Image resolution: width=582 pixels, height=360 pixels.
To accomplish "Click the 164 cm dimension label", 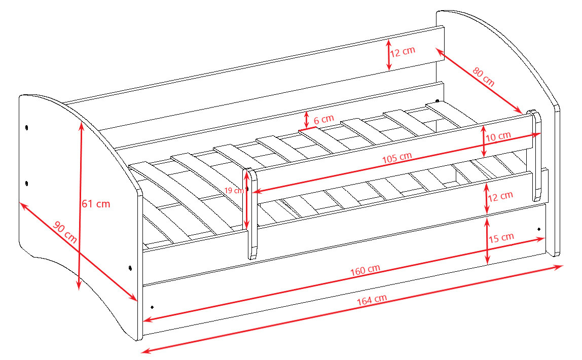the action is coord(372,300).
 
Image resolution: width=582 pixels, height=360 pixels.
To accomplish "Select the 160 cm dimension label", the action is coord(365,270).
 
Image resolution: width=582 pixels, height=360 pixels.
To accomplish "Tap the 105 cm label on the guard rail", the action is coord(397,158).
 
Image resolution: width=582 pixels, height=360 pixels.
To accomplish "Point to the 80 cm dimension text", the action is coord(483,77).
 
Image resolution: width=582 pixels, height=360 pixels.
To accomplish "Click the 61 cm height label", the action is coord(96,204).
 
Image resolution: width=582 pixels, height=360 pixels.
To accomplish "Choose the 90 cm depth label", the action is coord(65,232).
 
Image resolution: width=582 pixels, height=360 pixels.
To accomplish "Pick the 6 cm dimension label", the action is coord(323,120).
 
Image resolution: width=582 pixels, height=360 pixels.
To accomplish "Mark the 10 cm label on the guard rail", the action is coord(498,136).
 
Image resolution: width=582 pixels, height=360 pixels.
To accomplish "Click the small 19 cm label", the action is coord(234,190).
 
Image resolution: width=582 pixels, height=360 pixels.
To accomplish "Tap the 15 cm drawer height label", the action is coord(501,238).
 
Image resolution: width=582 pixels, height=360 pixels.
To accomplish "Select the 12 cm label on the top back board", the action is coord(403,52).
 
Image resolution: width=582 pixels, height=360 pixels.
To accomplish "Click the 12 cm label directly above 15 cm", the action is coord(500,196).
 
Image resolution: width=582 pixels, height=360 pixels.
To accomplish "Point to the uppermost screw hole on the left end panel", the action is coord(27,128).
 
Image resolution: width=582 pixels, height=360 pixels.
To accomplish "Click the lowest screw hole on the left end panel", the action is coord(130,268).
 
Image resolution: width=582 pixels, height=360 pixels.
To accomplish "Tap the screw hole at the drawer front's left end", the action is coord(152,307).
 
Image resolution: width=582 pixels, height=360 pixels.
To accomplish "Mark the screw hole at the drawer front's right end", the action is coord(539,229).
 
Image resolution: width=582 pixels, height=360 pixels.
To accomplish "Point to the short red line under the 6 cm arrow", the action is coord(307,129).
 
